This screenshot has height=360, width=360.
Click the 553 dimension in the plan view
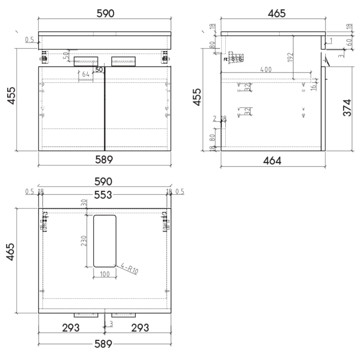pyautogui.click(x=105, y=194)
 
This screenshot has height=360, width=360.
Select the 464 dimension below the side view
pyautogui.click(x=272, y=160)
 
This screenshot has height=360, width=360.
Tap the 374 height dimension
pyautogui.click(x=347, y=108)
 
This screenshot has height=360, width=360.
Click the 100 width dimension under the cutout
pyautogui.click(x=105, y=274)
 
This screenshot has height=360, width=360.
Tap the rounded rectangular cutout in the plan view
pyautogui.click(x=105, y=241)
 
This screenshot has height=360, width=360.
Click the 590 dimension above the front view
pyautogui.click(x=105, y=14)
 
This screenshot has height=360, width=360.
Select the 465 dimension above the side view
pyautogui.click(x=276, y=14)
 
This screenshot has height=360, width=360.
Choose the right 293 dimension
pyautogui.click(x=140, y=327)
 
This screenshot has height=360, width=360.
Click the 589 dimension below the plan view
pyautogui.click(x=105, y=344)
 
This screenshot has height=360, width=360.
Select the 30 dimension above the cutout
pyautogui.click(x=84, y=204)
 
